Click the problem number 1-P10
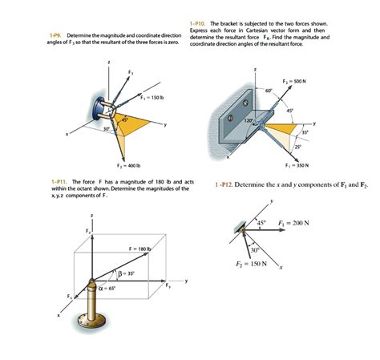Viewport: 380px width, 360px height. (196, 24)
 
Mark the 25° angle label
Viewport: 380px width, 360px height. (297, 145)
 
